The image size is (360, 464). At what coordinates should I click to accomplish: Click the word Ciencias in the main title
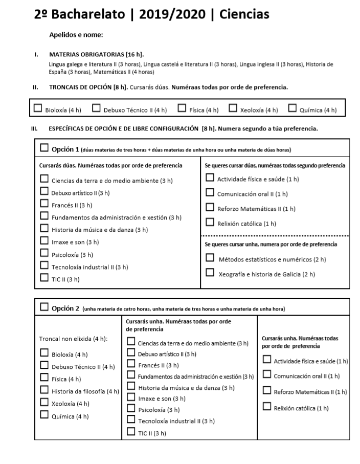[244, 15]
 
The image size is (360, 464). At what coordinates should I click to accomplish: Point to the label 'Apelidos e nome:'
[76, 35]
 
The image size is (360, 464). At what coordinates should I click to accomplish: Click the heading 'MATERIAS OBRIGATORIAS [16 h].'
[96, 54]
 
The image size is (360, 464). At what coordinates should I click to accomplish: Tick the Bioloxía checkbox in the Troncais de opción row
[38, 108]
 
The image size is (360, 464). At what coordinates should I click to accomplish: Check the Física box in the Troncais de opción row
[182, 108]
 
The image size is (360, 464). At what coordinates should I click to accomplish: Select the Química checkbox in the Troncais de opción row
[292, 108]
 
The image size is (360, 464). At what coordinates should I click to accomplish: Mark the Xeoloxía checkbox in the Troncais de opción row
[233, 108]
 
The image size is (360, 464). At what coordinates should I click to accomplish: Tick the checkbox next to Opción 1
[44, 148]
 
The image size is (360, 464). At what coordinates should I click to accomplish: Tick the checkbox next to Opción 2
[44, 307]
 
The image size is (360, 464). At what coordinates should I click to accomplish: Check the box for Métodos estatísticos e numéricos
[210, 258]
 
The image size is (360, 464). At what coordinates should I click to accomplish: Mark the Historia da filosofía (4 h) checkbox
[44, 391]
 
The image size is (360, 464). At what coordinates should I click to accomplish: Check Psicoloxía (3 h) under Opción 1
[44, 254]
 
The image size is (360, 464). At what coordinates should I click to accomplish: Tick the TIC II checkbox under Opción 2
[131, 432]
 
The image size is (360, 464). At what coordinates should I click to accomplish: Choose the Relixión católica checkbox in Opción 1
[210, 222]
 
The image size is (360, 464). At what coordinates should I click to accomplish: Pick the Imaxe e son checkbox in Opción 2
[131, 397]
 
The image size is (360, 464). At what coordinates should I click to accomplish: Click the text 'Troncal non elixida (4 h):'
[73, 339]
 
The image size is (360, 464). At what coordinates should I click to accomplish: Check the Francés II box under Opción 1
[44, 205]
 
